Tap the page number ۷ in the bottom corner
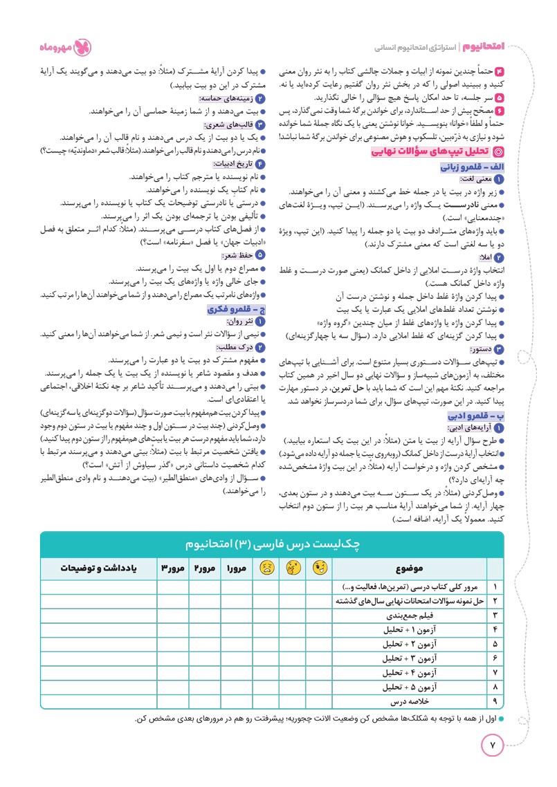click(493, 746)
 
